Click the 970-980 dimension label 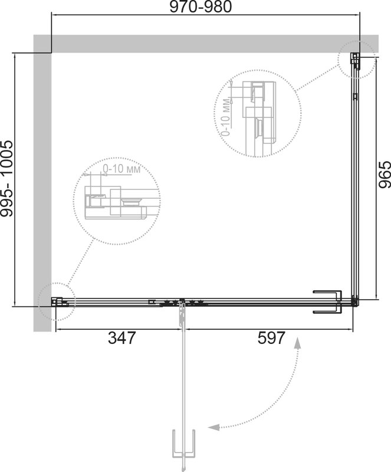pyautogui.click(x=201, y=6)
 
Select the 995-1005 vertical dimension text pyautogui.click(x=6, y=178)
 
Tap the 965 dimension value pyautogui.click(x=385, y=175)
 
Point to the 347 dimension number pyautogui.click(x=122, y=337)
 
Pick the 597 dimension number pyautogui.click(x=271, y=337)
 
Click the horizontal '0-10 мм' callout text pyautogui.click(x=121, y=169)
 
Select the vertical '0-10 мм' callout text pyautogui.click(x=226, y=117)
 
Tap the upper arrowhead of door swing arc pyautogui.click(x=298, y=343)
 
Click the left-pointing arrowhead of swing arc pyautogui.click(x=213, y=427)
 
